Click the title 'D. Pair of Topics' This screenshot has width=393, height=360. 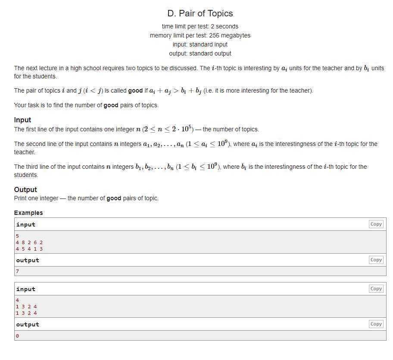click(x=200, y=13)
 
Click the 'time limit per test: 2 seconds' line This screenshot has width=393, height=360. click(x=200, y=26)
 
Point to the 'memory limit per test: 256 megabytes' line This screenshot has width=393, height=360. click(x=200, y=35)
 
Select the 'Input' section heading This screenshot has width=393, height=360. click(x=22, y=120)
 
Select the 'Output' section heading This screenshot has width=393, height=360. click(x=25, y=189)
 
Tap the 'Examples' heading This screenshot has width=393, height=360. click(x=28, y=213)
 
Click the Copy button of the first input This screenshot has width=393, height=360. click(x=376, y=224)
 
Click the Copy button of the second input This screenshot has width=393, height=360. click(x=376, y=289)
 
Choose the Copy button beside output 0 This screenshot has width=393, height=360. click(x=376, y=324)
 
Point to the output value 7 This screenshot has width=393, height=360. click(x=18, y=271)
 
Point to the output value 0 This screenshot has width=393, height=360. click(x=18, y=335)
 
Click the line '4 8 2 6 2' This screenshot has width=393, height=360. click(x=29, y=242)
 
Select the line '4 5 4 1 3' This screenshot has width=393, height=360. click(x=29, y=248)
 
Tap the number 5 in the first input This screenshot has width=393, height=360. click(x=18, y=236)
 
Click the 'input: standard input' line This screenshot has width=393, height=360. click(x=200, y=44)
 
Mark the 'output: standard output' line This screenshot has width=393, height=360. click(x=200, y=53)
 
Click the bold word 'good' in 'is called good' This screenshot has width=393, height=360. click(x=135, y=91)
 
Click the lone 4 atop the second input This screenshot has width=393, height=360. click(x=18, y=300)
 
